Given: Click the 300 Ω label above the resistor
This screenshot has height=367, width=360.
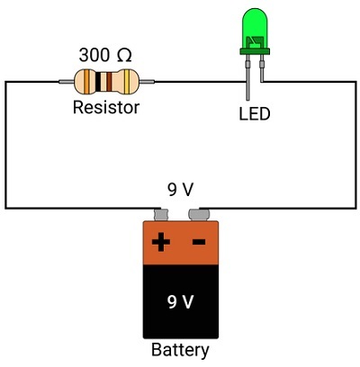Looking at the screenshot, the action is pos(105,55).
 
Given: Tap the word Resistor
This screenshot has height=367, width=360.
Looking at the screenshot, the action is pos(106,107).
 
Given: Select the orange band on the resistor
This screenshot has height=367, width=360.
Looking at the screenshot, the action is pos(86,81).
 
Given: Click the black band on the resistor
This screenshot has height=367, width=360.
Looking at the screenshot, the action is pos(98,82).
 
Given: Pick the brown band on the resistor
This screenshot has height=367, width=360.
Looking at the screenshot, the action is pos(109,82).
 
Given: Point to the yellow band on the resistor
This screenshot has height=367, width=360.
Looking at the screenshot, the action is pos(128,81).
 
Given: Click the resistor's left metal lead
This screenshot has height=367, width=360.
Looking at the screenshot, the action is pos(67,81).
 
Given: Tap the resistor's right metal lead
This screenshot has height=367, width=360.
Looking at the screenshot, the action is pos(147,81).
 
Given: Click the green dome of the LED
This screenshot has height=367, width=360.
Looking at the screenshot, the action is pos(255,29).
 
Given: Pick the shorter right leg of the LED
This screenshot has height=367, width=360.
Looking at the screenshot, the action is pos(262,68).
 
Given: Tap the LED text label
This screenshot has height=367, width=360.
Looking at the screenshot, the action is pos(255,114).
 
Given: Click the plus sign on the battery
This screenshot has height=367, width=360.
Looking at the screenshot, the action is pos(161,242).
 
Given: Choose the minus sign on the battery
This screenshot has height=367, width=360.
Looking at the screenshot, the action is pos(199,242).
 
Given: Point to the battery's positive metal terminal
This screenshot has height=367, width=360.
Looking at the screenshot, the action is pos(161,215).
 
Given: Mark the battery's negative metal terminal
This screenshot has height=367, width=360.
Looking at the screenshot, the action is pos(199,215).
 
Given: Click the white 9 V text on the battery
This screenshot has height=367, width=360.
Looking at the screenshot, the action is pos(180,302).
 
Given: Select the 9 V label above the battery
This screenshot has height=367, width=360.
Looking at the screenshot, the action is pos(180,190).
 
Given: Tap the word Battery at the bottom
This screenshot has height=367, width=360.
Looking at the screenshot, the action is pos(180,350).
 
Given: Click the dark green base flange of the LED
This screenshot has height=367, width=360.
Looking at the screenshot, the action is pos(255,51).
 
